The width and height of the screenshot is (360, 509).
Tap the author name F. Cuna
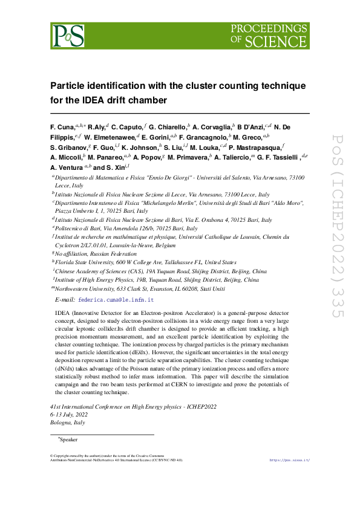click(x=62, y=128)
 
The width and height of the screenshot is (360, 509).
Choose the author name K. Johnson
click(x=139, y=148)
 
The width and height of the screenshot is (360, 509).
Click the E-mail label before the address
click(x=64, y=300)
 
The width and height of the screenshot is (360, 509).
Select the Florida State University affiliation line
click(x=145, y=263)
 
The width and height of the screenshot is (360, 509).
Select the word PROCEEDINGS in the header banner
click(x=269, y=28)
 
